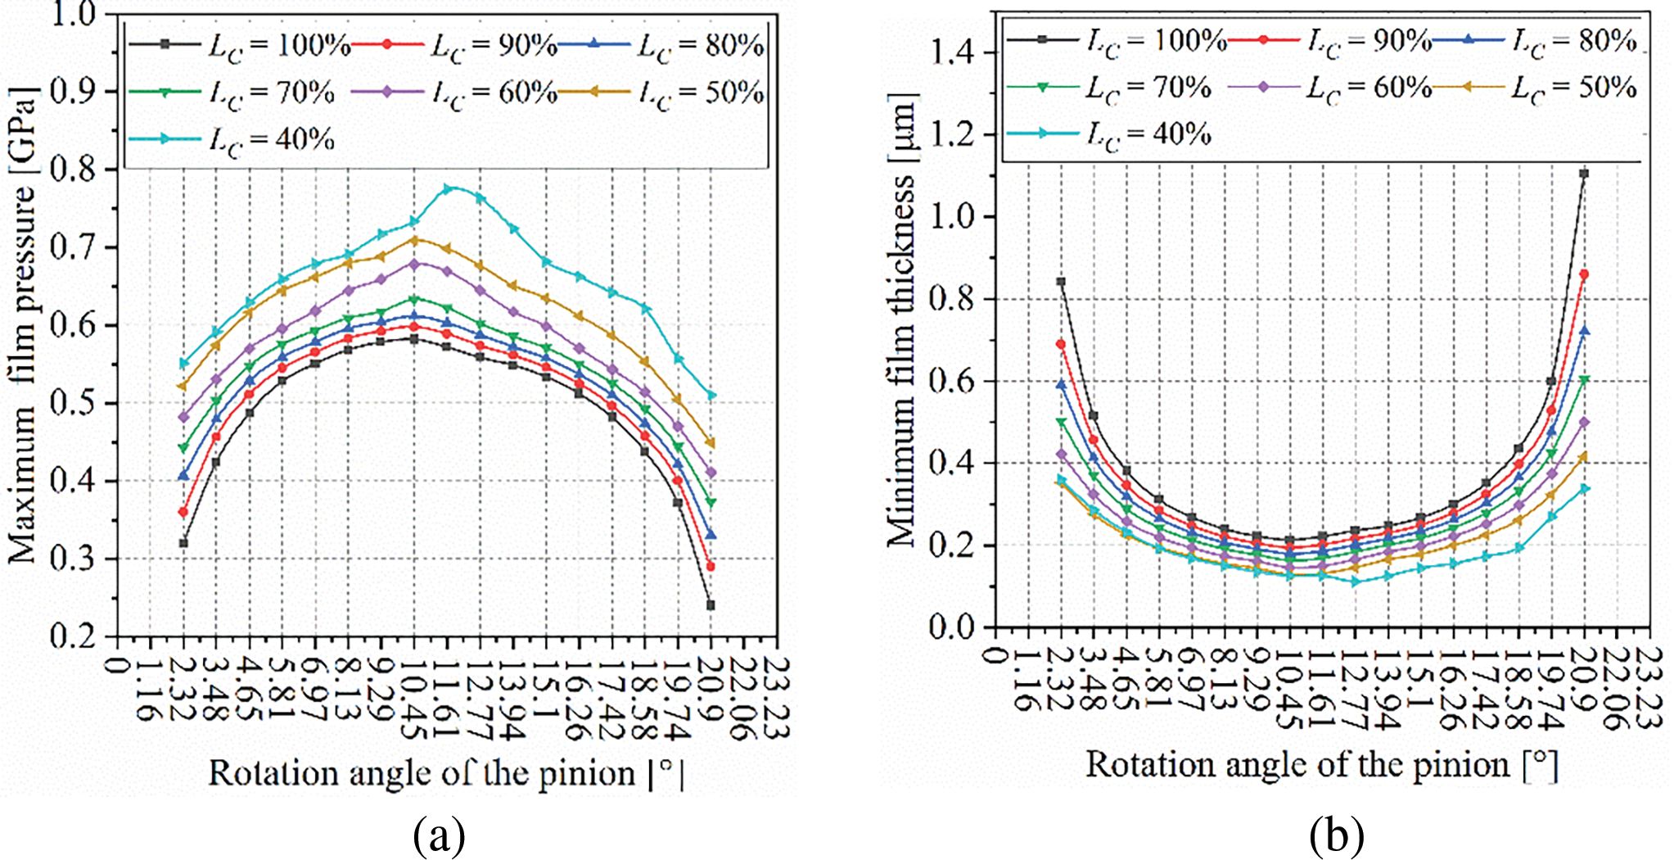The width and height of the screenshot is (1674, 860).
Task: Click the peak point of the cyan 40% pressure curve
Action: click(447, 189)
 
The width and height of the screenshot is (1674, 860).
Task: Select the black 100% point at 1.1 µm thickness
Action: click(1584, 174)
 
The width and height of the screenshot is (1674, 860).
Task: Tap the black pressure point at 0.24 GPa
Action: click(711, 605)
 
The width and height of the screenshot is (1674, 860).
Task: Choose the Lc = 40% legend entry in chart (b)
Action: click(1108, 134)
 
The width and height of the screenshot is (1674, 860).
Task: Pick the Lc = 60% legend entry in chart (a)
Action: click(454, 93)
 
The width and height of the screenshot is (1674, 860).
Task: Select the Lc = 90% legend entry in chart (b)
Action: click(1329, 40)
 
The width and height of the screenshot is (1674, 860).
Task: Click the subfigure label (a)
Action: click(440, 836)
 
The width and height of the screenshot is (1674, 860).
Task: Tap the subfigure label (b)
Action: click(1336, 836)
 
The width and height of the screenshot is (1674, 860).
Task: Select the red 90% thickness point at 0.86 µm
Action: click(1584, 274)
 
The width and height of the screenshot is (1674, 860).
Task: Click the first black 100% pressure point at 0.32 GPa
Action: click(183, 543)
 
